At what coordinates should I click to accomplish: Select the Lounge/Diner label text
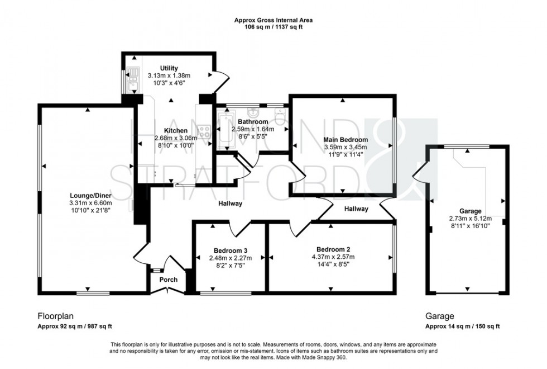(x=87, y=195)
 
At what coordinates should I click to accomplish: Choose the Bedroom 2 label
(x=333, y=249)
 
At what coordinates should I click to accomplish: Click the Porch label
(x=169, y=280)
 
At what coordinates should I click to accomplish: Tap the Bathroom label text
(x=253, y=121)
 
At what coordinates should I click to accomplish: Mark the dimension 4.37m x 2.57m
(x=333, y=257)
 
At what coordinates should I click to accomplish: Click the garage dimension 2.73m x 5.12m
(x=466, y=219)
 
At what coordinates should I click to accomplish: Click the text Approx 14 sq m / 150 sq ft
(x=463, y=327)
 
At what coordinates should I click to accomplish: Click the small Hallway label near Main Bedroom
(x=356, y=209)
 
